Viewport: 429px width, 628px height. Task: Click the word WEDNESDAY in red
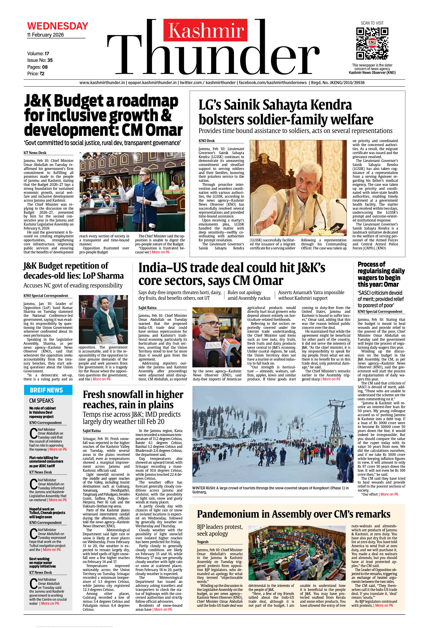pos(58,26)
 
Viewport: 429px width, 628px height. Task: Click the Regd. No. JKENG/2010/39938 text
pos(338,83)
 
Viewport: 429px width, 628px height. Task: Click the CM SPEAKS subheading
pos(41,401)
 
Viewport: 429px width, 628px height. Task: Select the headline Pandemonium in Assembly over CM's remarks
pos(294,514)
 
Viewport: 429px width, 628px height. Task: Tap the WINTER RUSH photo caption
pos(270,490)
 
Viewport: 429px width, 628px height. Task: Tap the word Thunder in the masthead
pos(212,57)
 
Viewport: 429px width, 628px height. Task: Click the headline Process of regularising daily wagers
pos(381,274)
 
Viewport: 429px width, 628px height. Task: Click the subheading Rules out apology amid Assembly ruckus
pos(249,295)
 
